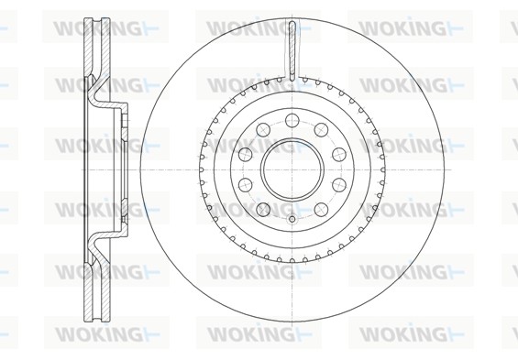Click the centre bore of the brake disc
[292, 169]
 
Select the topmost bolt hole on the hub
[292, 120]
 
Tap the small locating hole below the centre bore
[292, 219]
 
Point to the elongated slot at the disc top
[292, 51]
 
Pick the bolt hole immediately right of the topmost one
[321, 129]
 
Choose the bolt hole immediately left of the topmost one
[263, 129]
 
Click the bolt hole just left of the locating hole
[263, 209]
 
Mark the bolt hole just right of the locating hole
[321, 209]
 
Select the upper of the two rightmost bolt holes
[339, 154]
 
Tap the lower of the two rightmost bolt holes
[339, 185]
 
